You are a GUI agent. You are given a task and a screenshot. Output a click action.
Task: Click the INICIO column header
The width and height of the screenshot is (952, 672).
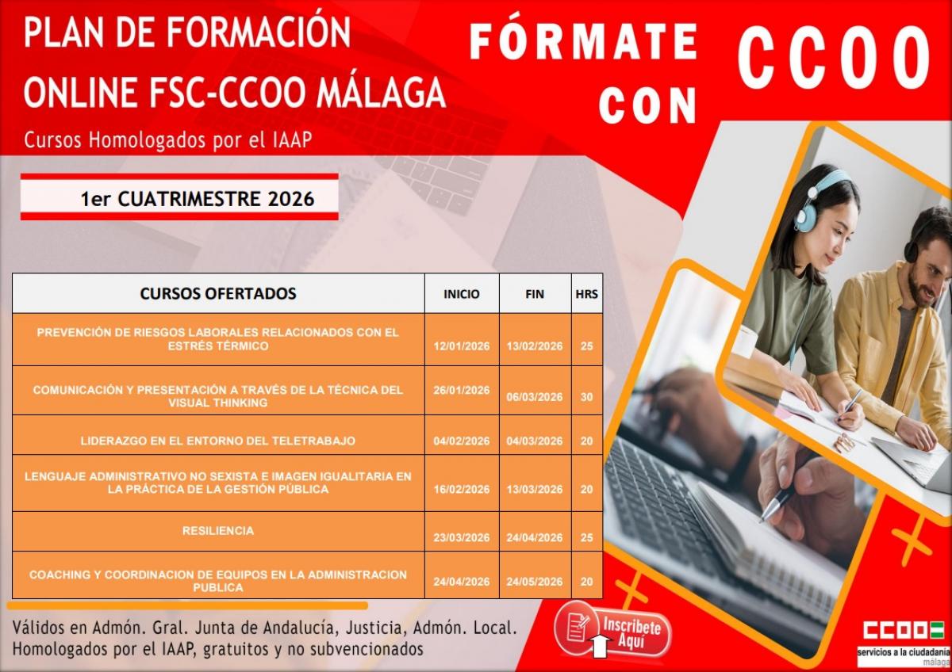pos(462,294)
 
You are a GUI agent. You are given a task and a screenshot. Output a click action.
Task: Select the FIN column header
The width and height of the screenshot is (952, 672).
pos(535,294)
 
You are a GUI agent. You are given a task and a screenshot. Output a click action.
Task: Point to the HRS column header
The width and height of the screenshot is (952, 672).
pos(586,294)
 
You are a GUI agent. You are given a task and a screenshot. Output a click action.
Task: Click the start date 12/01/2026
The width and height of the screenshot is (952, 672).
pos(462,346)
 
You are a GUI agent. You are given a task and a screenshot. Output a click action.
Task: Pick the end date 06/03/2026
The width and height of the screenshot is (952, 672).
pos(535,397)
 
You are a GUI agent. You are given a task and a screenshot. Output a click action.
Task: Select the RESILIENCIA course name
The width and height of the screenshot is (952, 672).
pos(218,531)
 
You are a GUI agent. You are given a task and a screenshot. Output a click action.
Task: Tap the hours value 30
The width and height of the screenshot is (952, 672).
pos(586,397)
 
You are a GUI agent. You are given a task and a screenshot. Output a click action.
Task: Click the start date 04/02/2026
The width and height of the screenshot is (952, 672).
pos(462,441)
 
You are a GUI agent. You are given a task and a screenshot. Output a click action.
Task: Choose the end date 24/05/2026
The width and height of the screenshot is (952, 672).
pos(535,582)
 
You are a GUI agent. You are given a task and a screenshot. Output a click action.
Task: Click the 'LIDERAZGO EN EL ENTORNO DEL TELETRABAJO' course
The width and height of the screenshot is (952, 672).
pos(218,441)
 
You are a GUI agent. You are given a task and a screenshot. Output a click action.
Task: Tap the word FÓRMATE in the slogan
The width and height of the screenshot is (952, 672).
pos(584,43)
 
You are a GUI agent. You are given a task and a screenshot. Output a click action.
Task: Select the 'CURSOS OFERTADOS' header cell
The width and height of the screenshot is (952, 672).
pos(218,293)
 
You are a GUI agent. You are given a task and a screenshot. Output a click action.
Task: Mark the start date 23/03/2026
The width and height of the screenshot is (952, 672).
pos(462,537)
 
